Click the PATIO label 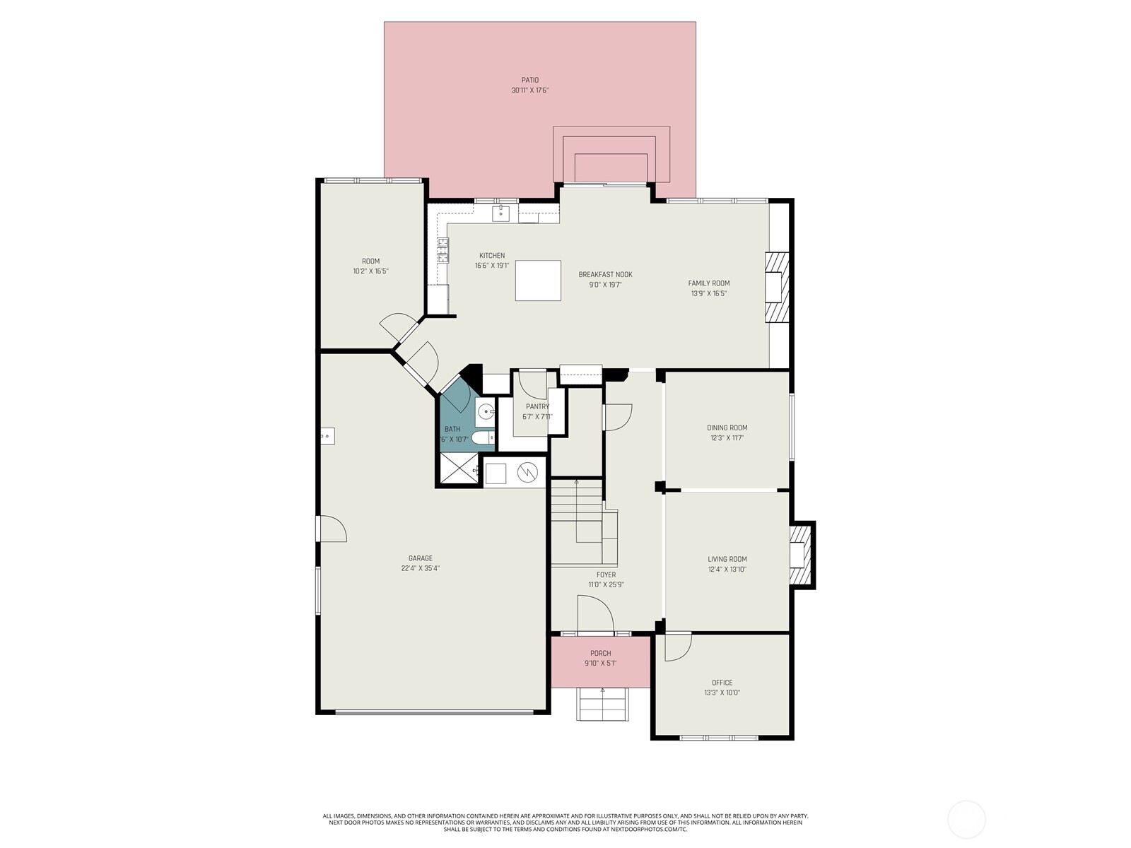(x=530, y=80)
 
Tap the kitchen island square (x=538, y=281)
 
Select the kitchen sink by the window (x=501, y=212)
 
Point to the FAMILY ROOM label (x=709, y=283)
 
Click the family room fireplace (x=775, y=288)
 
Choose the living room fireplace (x=799, y=555)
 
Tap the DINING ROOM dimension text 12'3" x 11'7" (x=727, y=438)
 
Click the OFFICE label (x=722, y=683)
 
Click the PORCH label (x=600, y=653)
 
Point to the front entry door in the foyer (x=594, y=613)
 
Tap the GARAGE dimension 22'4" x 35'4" (x=420, y=568)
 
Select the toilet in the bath (x=484, y=439)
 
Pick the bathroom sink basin (x=485, y=411)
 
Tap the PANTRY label (x=537, y=406)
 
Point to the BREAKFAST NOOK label (x=605, y=275)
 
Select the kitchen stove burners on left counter (x=443, y=250)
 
